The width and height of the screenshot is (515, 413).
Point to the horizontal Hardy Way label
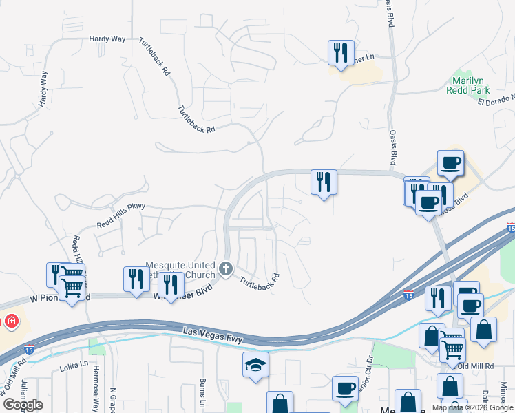[x=107, y=39]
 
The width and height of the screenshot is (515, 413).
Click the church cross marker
[x=225, y=268]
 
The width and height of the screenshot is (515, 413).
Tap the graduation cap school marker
[x=255, y=365]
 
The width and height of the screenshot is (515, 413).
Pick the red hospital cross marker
[x=10, y=321]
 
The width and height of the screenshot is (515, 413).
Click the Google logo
[x=22, y=404]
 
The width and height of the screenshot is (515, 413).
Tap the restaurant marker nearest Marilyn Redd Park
[x=341, y=52]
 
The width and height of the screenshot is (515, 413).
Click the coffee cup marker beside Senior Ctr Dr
[x=345, y=388]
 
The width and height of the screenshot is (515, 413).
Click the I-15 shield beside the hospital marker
[x=28, y=349]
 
